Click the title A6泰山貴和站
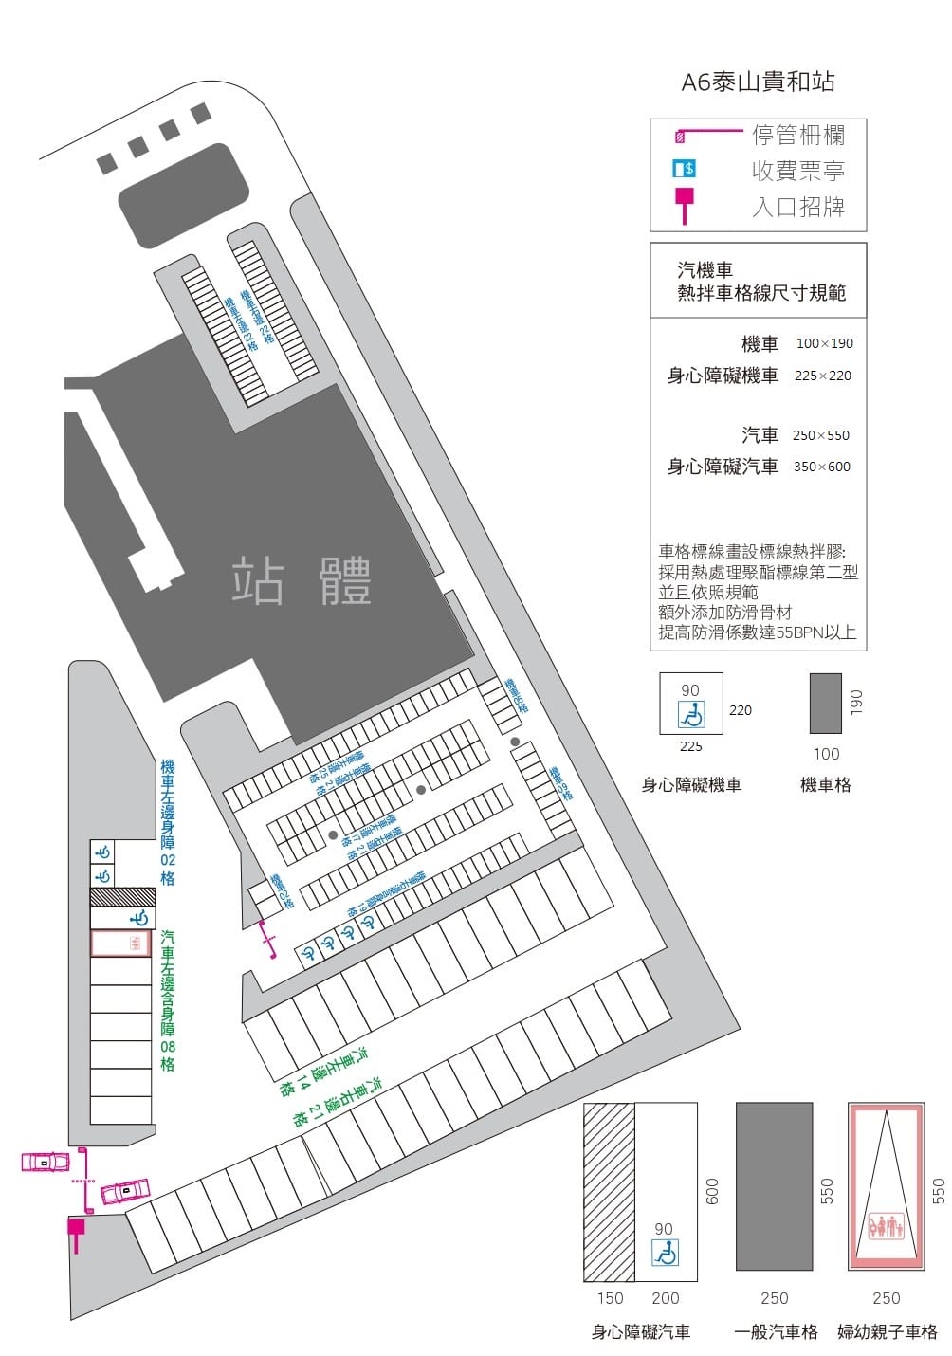click(758, 82)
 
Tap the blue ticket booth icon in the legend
click(684, 169)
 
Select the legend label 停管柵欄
click(798, 135)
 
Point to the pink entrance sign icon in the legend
click(684, 203)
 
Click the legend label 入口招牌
click(798, 207)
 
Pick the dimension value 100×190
click(824, 343)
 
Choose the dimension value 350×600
click(821, 467)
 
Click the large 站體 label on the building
click(302, 581)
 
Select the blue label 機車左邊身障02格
click(168, 822)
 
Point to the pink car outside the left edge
click(46, 1162)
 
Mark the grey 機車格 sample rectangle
click(825, 703)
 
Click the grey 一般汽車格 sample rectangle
click(774, 1186)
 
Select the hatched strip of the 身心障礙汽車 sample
click(609, 1192)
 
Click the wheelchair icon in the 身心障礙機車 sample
click(691, 714)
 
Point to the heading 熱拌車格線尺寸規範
click(760, 293)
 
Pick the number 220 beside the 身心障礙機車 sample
click(741, 709)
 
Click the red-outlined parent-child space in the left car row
click(120, 944)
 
